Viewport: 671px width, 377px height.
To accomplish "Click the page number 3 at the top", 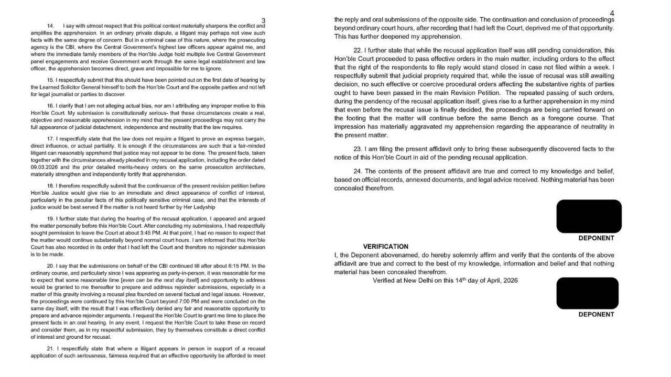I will coord(263,20).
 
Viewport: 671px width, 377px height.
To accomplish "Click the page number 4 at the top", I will coord(612,13).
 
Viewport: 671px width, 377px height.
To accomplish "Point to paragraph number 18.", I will coord(51,186).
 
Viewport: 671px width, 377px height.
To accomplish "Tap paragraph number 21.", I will coord(51,348).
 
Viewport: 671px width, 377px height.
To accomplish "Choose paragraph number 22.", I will coord(358,51).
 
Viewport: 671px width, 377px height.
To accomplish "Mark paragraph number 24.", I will coord(358,171).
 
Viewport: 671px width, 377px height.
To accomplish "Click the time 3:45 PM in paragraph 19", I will coord(158,232).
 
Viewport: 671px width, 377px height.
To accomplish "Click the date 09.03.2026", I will coord(44,167).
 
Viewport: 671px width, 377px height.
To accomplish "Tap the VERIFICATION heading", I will coord(385,247).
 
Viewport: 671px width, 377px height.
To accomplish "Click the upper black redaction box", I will coord(589,216).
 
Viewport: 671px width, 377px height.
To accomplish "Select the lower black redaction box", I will coord(587,293).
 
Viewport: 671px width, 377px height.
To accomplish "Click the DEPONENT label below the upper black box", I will coord(596,238).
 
